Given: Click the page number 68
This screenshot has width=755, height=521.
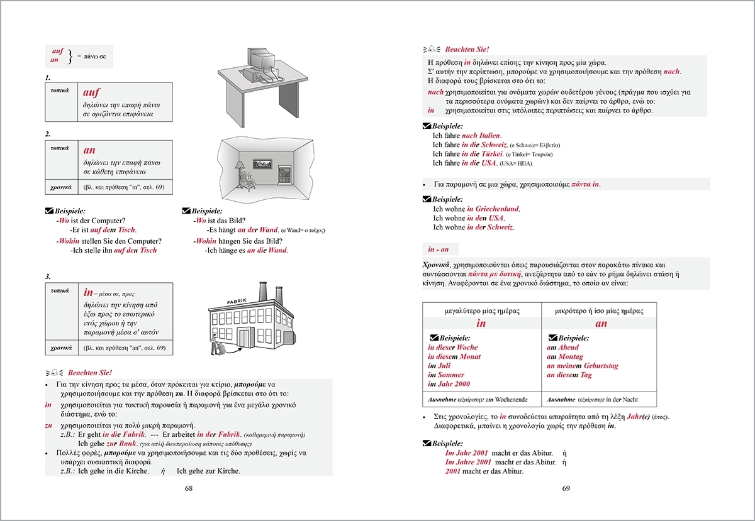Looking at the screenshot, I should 189,488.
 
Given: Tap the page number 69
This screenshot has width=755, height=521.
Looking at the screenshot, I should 566,488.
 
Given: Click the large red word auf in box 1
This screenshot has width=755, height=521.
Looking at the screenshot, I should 92,92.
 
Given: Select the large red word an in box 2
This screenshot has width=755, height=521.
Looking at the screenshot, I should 89,151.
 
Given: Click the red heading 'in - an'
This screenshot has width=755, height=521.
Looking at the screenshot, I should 440,250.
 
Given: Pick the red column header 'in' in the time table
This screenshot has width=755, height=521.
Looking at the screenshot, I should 481,324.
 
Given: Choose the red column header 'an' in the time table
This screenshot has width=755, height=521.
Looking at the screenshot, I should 601,324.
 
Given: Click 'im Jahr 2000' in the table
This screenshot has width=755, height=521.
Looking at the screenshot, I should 449,384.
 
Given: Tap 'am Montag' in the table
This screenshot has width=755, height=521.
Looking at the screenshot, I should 565,356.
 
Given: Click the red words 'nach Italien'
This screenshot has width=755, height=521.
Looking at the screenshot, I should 481,135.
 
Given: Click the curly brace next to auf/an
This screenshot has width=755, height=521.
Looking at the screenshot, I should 69,56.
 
